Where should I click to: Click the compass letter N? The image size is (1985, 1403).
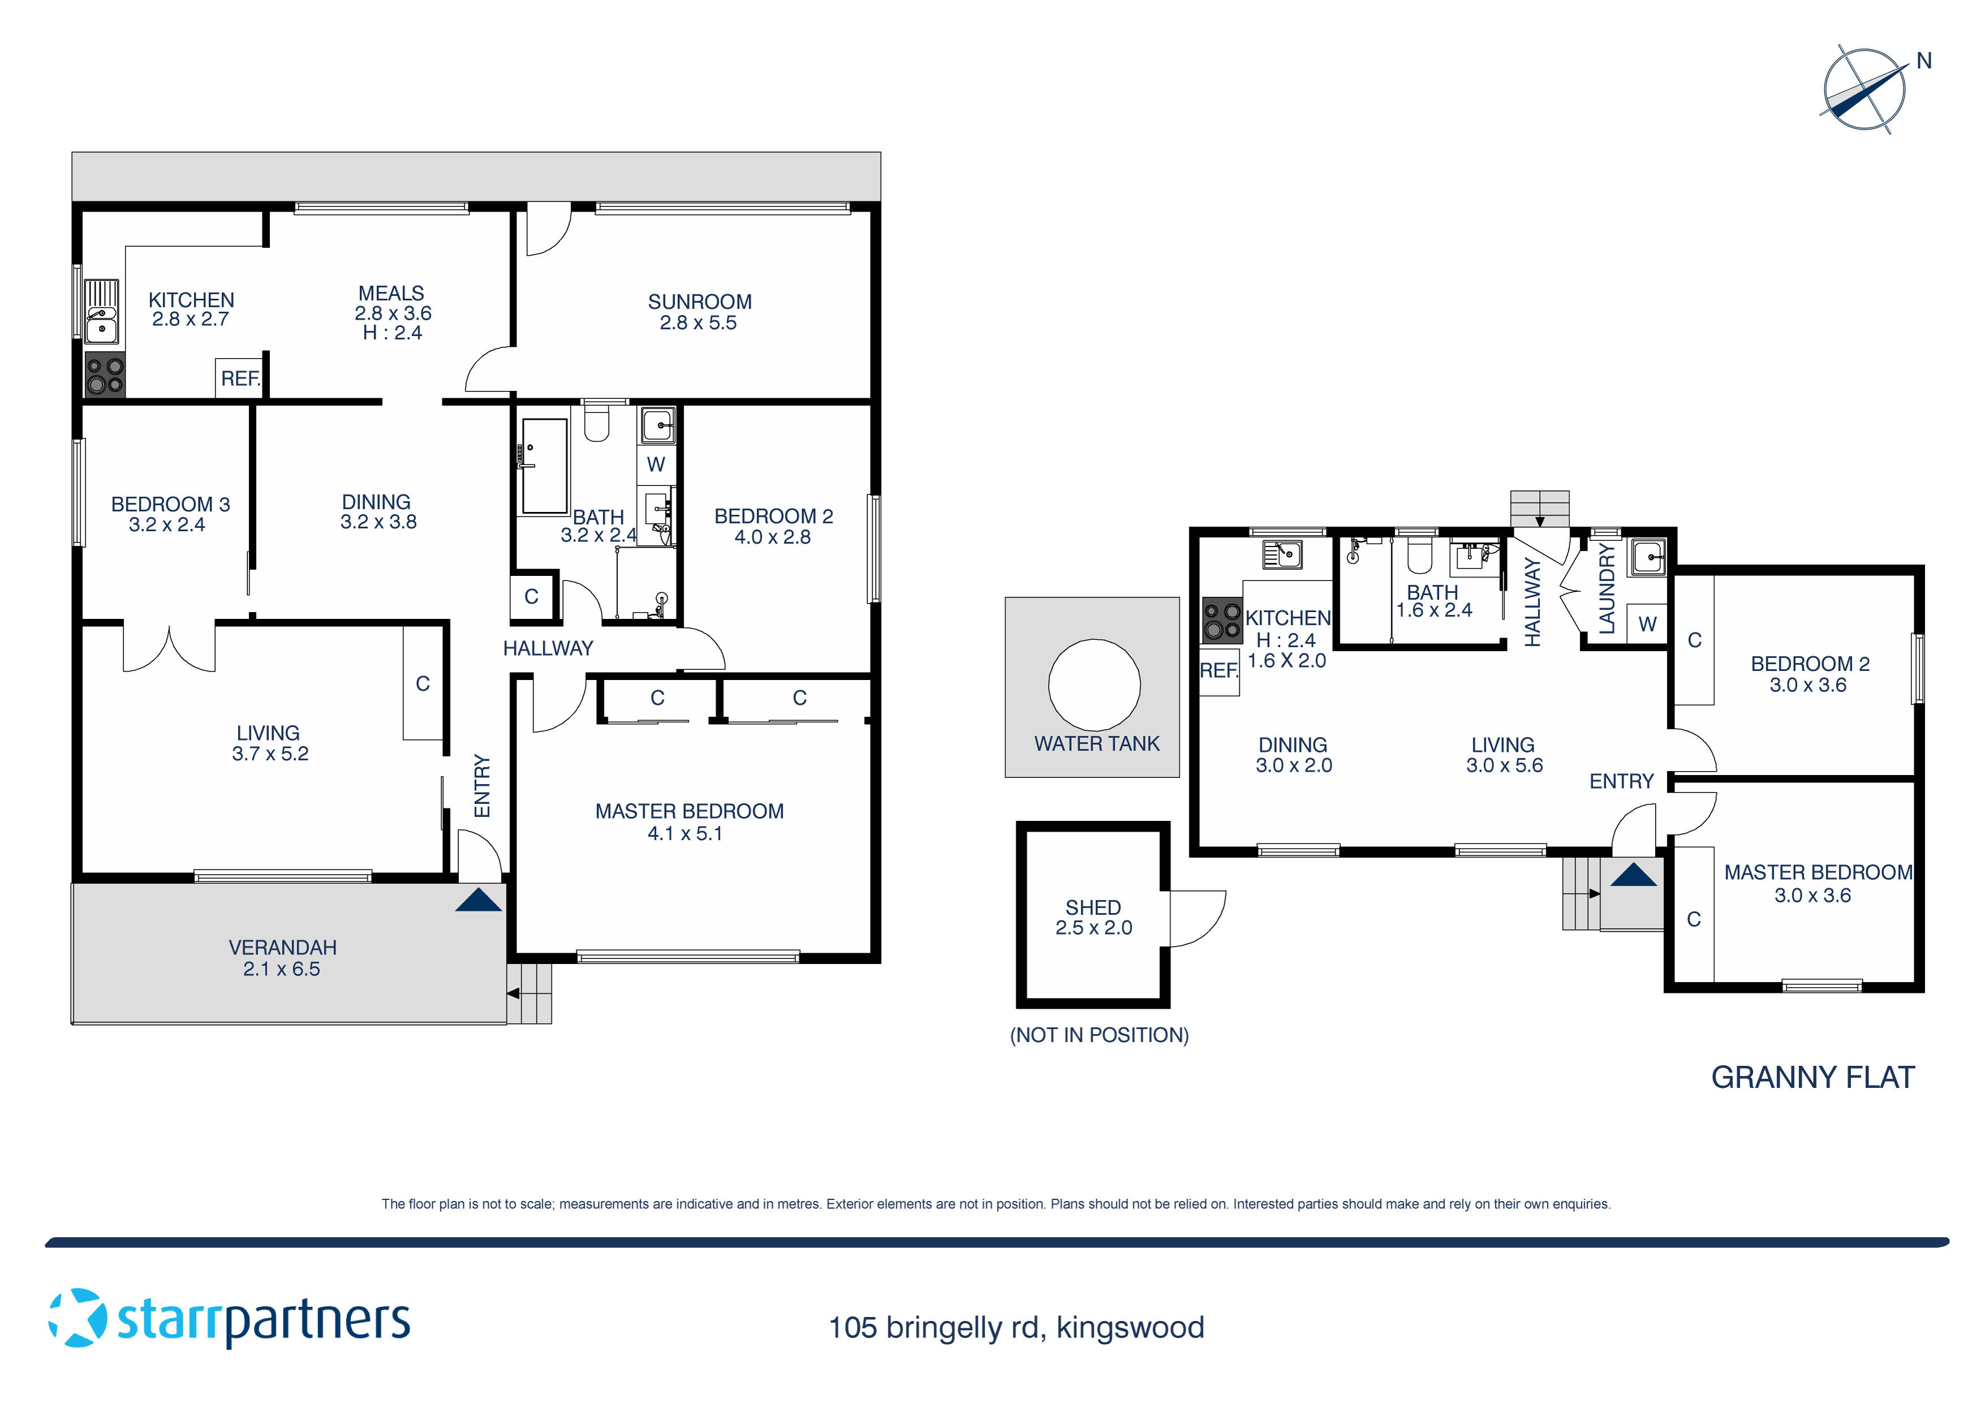coord(1924,61)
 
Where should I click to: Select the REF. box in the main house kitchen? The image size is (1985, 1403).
coord(239,378)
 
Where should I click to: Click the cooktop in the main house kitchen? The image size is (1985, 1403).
coord(105,375)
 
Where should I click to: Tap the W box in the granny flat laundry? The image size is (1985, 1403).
coord(1647,623)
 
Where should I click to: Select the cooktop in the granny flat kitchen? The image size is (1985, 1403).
coord(1222,621)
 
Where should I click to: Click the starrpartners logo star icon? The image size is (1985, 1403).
coord(78,1318)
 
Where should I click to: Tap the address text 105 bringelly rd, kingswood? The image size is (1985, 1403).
coord(1016,1327)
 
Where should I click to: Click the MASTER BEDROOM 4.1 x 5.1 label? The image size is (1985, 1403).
coord(689,822)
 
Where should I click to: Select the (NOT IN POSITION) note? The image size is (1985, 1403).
coord(1099,1035)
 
